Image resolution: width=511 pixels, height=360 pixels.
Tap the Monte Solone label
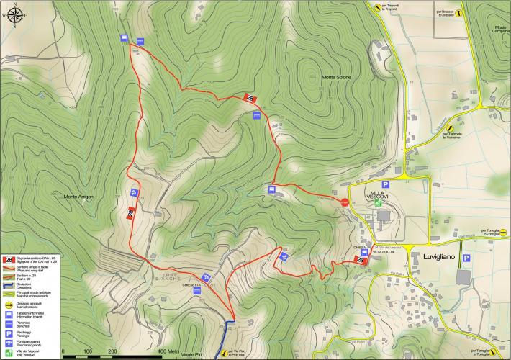click(337, 77)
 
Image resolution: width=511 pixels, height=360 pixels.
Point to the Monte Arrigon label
click(80, 197)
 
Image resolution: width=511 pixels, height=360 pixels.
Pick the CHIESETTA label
click(191, 286)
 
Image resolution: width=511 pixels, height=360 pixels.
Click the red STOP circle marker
click(345, 203)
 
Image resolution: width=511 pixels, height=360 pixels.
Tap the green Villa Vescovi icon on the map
click(378, 204)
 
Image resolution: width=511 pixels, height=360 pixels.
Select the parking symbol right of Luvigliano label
click(466, 258)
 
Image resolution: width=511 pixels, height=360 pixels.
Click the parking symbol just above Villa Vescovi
click(385, 185)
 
